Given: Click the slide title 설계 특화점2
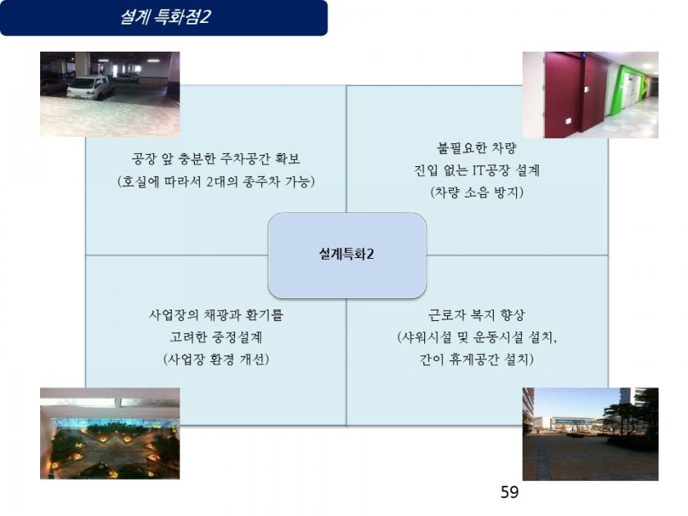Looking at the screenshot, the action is click(x=165, y=17).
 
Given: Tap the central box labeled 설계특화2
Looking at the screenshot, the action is click(x=346, y=256).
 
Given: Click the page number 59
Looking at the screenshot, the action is click(x=509, y=492).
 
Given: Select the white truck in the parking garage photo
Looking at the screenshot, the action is click(x=90, y=87).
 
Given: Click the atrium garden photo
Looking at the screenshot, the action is click(x=110, y=433).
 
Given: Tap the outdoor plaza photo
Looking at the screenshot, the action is click(x=591, y=434).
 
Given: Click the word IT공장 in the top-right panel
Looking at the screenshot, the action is click(x=491, y=170).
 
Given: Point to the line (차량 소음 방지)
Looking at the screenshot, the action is click(x=477, y=192).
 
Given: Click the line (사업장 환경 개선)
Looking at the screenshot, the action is click(x=216, y=360).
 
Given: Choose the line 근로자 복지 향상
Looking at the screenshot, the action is click(x=477, y=315).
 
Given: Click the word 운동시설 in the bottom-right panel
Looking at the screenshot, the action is click(x=499, y=337).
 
